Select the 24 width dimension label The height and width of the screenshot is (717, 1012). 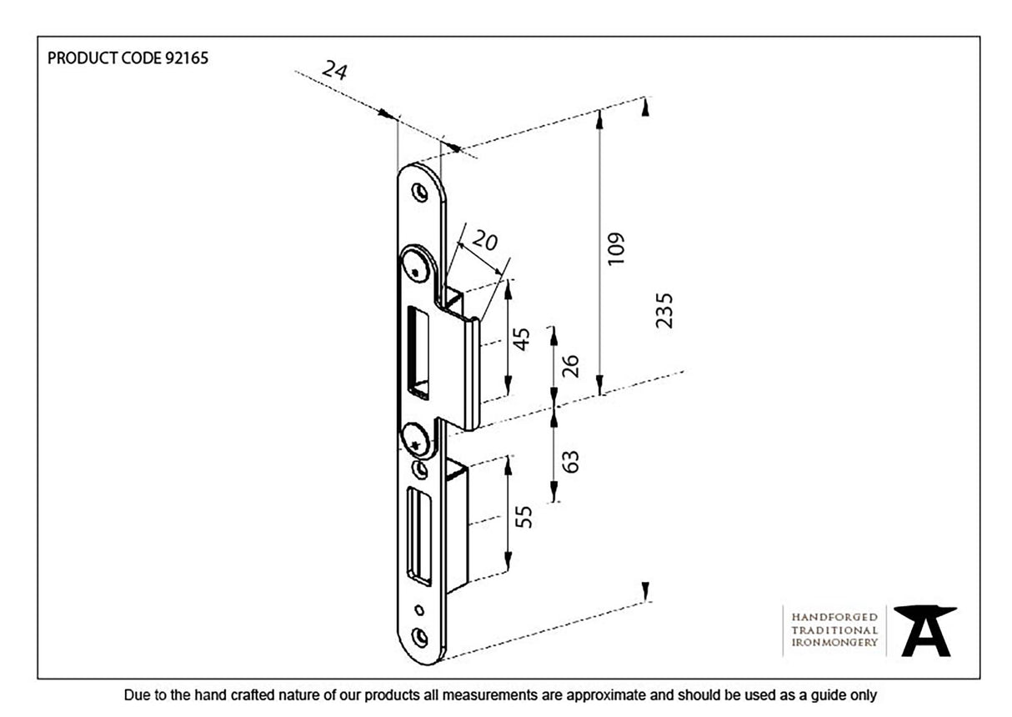click(x=334, y=70)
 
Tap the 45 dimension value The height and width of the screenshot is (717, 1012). click(x=520, y=338)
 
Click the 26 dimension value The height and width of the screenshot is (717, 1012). click(x=570, y=366)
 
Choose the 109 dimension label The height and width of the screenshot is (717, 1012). click(x=616, y=248)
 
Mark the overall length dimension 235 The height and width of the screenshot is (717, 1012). click(x=664, y=310)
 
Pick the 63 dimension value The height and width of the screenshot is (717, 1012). click(x=570, y=461)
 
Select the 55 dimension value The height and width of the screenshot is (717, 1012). click(x=524, y=517)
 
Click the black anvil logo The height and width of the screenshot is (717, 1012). click(x=924, y=630)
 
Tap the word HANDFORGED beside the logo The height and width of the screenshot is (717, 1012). click(x=834, y=617)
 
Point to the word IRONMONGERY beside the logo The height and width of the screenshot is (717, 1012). click(x=834, y=643)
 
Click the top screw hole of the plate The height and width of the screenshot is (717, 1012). click(x=421, y=192)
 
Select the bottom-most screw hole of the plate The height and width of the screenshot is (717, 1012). click(x=420, y=638)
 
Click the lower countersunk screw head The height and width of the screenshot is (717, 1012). click(x=415, y=439)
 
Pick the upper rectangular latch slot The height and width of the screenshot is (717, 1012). click(x=418, y=350)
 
